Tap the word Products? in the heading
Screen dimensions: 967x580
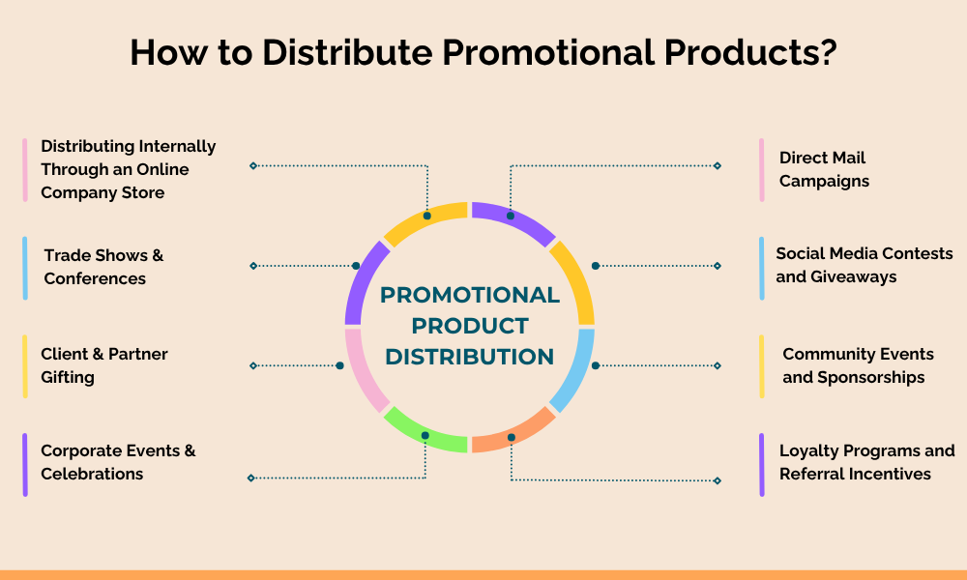pos(750,52)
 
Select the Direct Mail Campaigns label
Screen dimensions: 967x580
pos(824,169)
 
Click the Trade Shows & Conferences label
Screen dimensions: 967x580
pos(103,267)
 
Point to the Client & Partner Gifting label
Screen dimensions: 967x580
pos(104,365)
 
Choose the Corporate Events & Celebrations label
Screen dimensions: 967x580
pos(118,462)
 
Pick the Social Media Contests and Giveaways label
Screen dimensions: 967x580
pos(864,265)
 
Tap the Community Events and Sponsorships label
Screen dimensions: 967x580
pos(858,365)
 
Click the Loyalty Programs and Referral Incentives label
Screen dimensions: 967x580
pos(867,462)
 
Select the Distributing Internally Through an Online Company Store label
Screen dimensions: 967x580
pos(129,169)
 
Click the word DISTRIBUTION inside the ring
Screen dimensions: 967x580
pos(470,357)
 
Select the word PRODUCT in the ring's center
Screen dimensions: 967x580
pos(470,326)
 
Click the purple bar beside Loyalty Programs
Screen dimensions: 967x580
pos(762,465)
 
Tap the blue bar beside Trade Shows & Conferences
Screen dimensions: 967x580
pos(25,268)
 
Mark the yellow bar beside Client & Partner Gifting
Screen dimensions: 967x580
pos(25,366)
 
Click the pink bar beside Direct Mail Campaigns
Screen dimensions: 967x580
pos(762,170)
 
